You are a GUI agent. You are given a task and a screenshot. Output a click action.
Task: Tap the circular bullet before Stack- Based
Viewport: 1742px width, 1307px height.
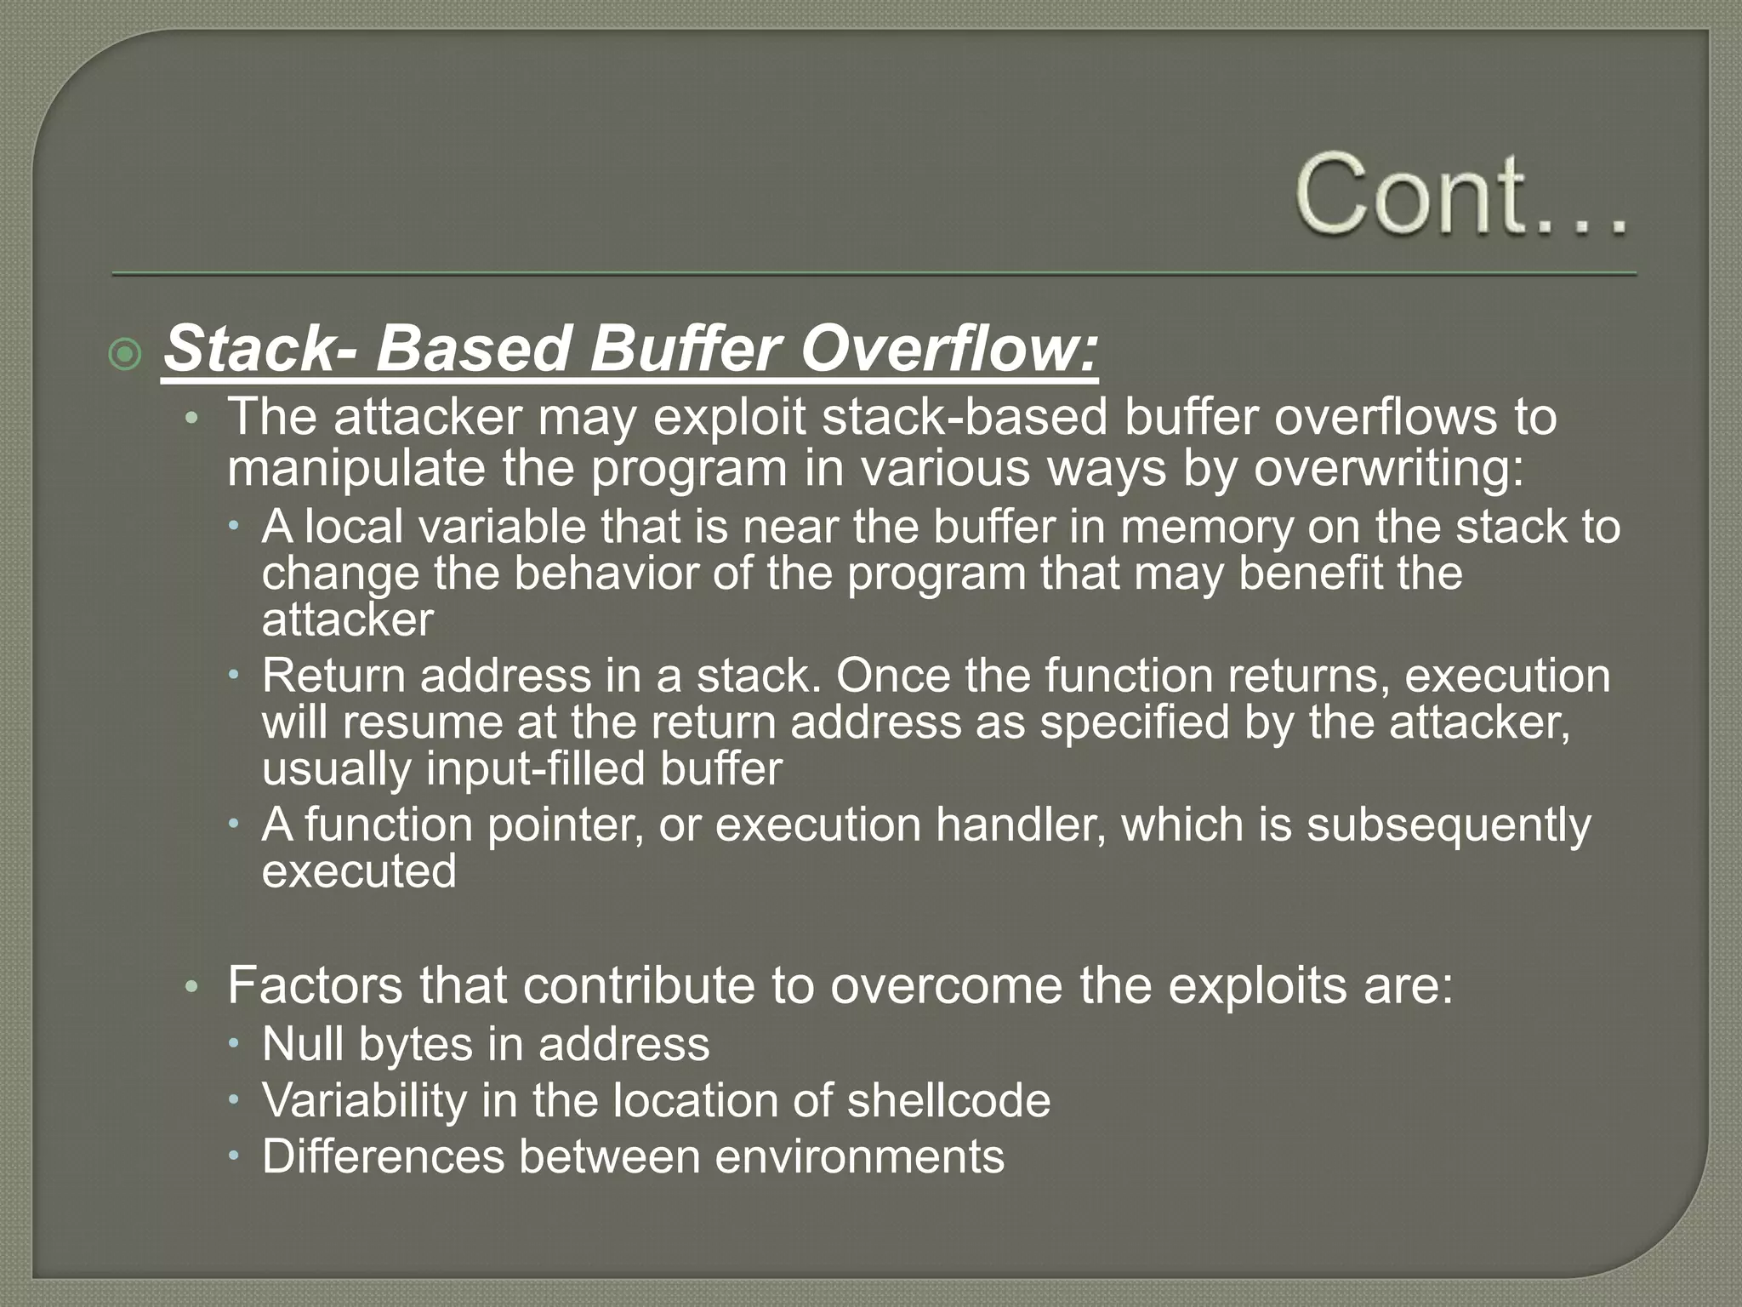point(126,353)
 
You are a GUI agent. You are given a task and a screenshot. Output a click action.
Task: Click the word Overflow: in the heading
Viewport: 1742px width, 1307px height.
point(949,349)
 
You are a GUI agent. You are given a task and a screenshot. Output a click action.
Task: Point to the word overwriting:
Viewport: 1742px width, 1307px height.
point(1388,468)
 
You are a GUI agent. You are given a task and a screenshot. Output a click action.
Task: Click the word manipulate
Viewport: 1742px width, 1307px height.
point(356,468)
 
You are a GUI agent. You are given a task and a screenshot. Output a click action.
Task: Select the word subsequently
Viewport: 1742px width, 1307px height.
point(1448,825)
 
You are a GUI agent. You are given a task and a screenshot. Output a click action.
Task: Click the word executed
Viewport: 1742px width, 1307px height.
point(359,871)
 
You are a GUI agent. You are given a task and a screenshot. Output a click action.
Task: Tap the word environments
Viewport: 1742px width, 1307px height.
point(859,1156)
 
